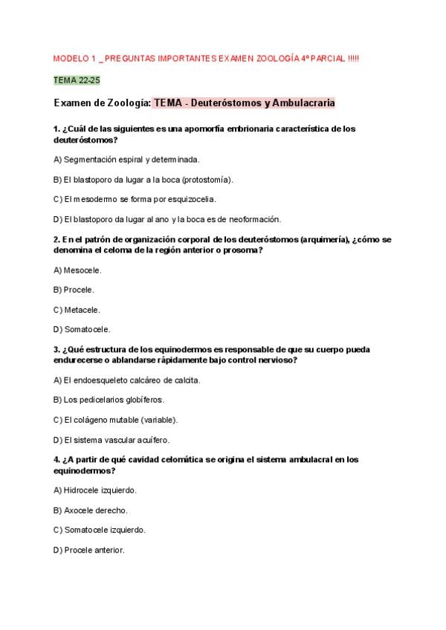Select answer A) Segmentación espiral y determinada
click(126, 159)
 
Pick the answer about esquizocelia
click(135, 199)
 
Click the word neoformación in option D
click(255, 219)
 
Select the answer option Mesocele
click(78, 270)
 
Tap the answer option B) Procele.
click(74, 290)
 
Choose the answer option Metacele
click(77, 310)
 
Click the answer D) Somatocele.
click(82, 329)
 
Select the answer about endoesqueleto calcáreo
click(127, 380)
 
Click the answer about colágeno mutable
click(116, 420)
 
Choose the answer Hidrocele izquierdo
click(95, 490)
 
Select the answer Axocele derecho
click(91, 510)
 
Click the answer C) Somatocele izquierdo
click(100, 530)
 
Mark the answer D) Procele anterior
click(89, 550)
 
